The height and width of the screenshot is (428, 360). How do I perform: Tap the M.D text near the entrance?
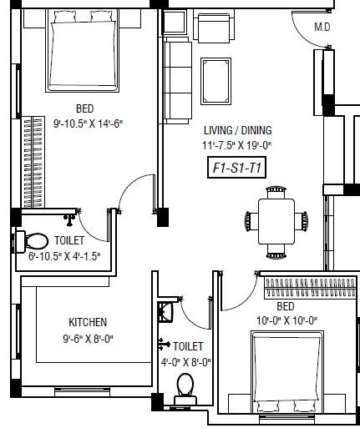click(322, 27)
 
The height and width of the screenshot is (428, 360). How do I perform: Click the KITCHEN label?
click(88, 322)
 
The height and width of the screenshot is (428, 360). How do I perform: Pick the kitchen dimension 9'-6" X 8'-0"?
click(88, 339)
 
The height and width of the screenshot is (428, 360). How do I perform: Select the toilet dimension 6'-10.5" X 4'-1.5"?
click(58, 256)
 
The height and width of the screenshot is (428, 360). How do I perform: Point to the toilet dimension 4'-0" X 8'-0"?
click(185, 362)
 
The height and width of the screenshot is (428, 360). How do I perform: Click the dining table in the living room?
click(276, 221)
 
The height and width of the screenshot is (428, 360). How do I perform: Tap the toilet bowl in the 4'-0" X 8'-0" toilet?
click(185, 388)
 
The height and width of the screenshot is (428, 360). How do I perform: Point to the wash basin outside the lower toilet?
click(166, 311)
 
